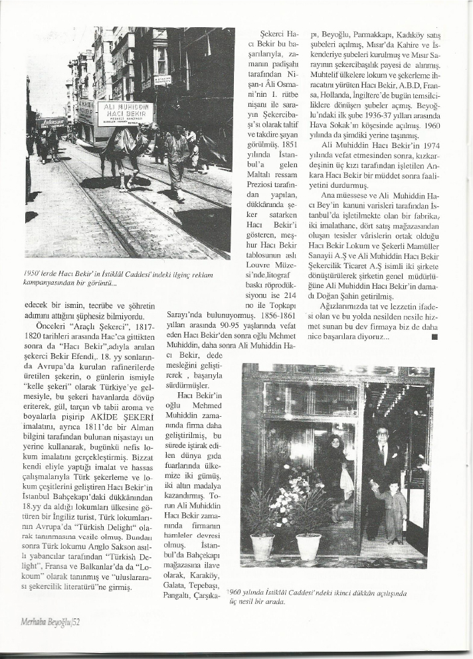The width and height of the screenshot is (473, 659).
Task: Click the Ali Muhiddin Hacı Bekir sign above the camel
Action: [x=125, y=113]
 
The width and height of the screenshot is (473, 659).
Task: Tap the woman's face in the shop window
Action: [x=335, y=443]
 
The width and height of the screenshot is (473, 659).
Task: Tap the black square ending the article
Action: [x=434, y=336]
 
